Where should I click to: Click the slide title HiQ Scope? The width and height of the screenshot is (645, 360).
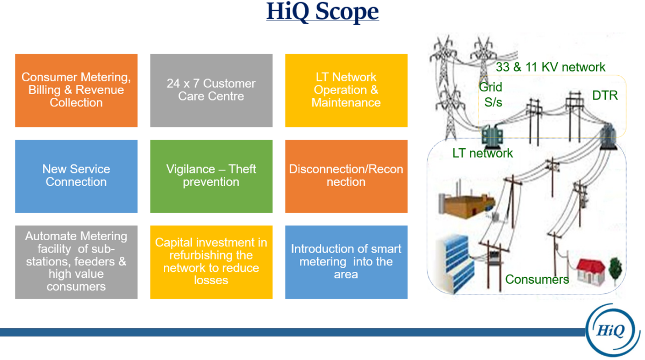[x=322, y=12]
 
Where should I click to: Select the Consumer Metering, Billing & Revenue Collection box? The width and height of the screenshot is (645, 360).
[x=76, y=90]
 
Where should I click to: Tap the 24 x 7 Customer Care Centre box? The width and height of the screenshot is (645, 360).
[x=211, y=90]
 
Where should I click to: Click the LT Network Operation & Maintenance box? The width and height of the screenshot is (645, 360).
[x=346, y=90]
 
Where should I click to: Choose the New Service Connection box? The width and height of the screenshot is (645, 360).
[x=76, y=176]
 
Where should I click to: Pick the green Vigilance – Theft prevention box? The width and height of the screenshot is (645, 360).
[x=211, y=176]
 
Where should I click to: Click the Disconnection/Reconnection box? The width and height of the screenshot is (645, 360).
[x=346, y=176]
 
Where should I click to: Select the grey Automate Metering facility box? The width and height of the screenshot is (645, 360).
[x=76, y=262]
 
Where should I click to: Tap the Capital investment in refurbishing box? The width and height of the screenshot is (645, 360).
[x=211, y=262]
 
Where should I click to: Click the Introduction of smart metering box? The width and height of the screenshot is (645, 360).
[x=346, y=262]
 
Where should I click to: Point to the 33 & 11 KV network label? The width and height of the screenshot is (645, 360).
[x=550, y=67]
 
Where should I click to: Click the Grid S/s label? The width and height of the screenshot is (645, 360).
[x=491, y=95]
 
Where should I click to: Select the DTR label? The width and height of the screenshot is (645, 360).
[x=605, y=96]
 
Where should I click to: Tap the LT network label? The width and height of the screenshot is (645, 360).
[x=482, y=153]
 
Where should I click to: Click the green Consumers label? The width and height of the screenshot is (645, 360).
[x=536, y=279]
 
